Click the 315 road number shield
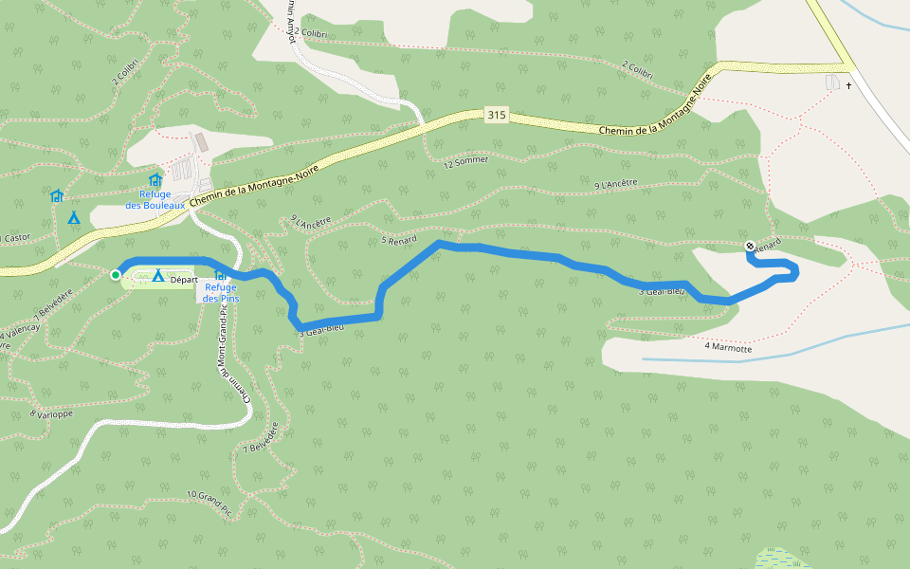click(x=496, y=116)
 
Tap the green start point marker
click(x=116, y=275)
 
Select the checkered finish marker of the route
click(x=750, y=247)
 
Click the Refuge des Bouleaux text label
click(x=156, y=199)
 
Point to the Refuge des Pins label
click(x=222, y=293)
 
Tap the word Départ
click(x=184, y=279)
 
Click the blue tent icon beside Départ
click(x=158, y=276)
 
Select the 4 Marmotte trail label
click(x=728, y=348)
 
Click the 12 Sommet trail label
click(x=466, y=161)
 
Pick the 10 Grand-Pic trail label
click(x=209, y=502)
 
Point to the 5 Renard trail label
click(x=399, y=240)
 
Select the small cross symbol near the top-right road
click(x=848, y=86)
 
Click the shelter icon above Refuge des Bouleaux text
click(x=155, y=180)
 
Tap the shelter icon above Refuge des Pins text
click(x=220, y=274)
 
